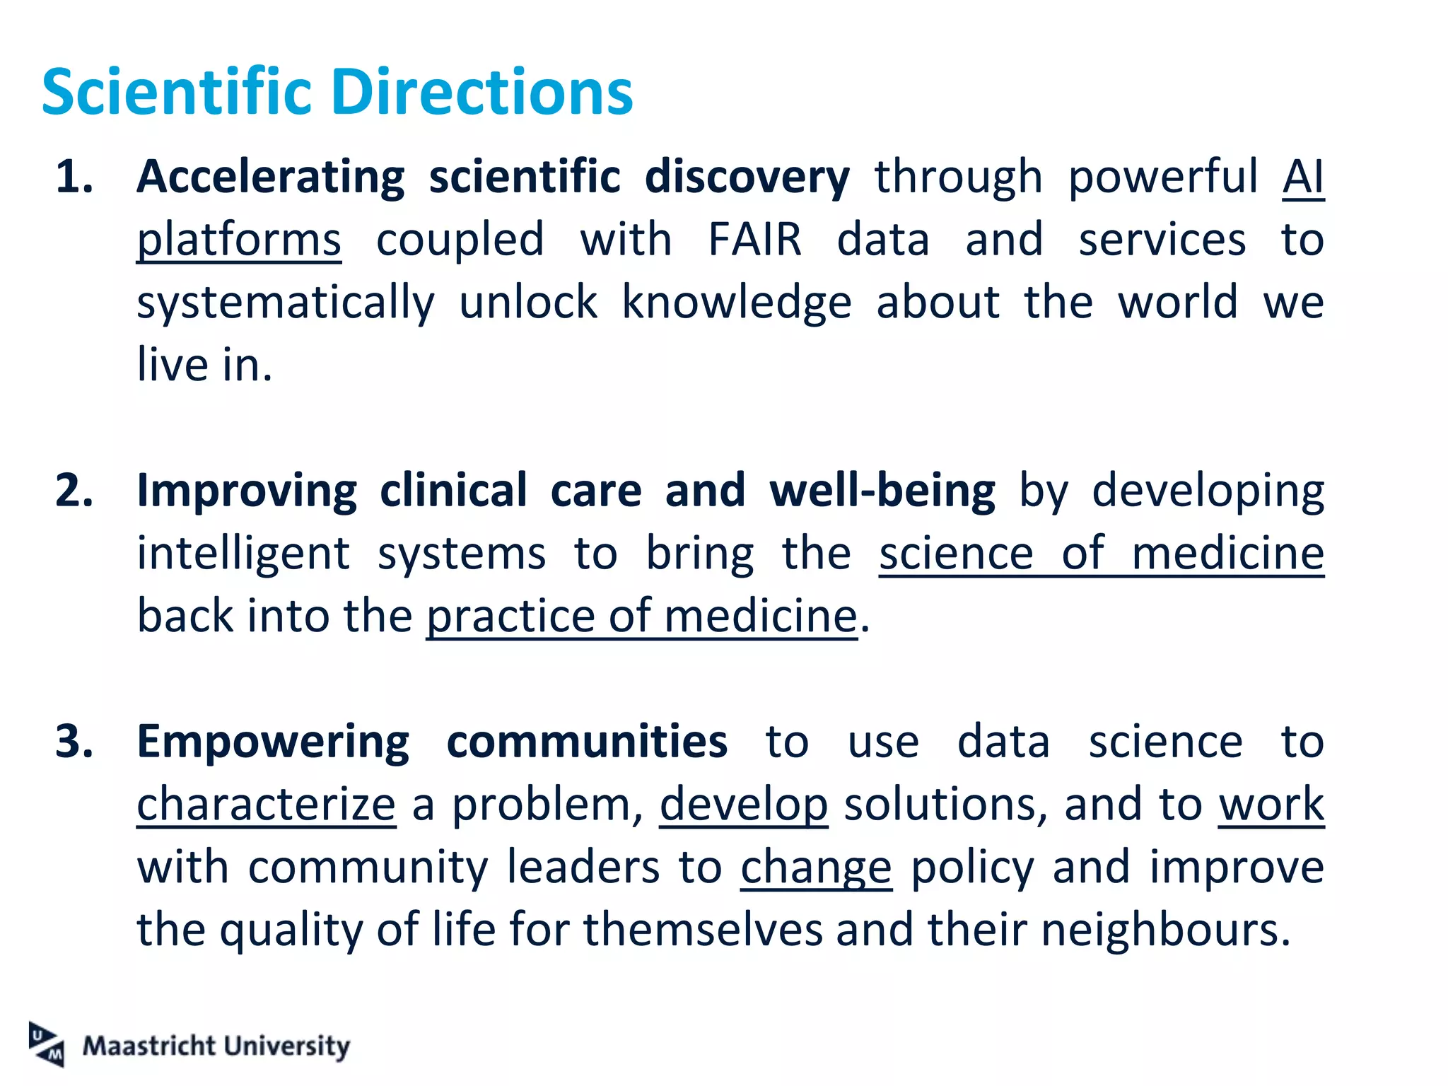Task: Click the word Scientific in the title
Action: tap(177, 92)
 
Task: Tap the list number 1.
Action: tap(74, 176)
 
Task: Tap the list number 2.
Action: tap(74, 490)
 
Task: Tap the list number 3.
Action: tap(74, 742)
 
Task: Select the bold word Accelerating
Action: tap(271, 176)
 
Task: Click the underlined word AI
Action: tap(1303, 176)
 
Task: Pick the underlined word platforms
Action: tap(239, 240)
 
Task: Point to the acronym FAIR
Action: tap(755, 239)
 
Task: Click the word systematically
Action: tap(286, 303)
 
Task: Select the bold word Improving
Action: tap(247, 490)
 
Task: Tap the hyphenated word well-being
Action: tap(882, 490)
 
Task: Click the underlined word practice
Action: tap(511, 617)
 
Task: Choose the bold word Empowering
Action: tap(273, 742)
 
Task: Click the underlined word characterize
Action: tap(266, 805)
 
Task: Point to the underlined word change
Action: tap(816, 868)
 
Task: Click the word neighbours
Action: tap(1165, 930)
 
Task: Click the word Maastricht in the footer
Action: tap(148, 1046)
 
